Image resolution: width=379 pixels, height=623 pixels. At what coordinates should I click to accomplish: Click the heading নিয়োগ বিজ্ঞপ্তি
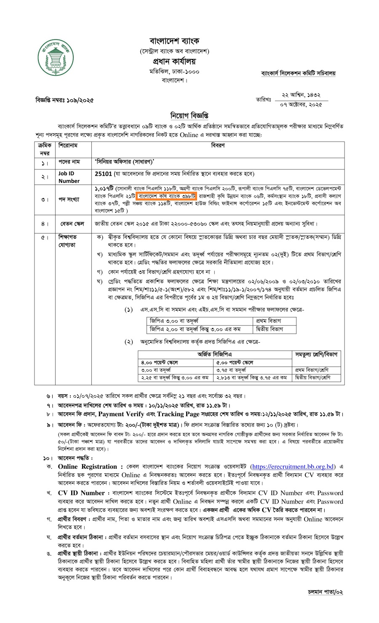point(189,115)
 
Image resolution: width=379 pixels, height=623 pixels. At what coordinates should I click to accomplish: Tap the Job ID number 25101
point(104,174)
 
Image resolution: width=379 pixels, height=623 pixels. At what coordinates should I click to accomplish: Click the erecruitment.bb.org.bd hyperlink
point(293,466)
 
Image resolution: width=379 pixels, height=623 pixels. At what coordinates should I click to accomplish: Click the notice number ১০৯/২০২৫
point(79,100)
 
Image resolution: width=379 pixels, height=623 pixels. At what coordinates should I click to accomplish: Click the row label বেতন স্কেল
point(69,224)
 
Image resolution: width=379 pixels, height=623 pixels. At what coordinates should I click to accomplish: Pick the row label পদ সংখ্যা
point(69,199)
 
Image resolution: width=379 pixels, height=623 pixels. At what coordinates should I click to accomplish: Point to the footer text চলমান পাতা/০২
point(325,592)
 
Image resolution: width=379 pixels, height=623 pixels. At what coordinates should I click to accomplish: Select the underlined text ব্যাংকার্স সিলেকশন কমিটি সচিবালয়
point(298,73)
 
